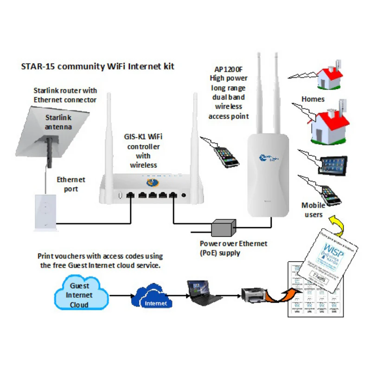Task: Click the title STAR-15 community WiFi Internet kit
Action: point(97,66)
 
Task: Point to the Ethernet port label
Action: point(71,184)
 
